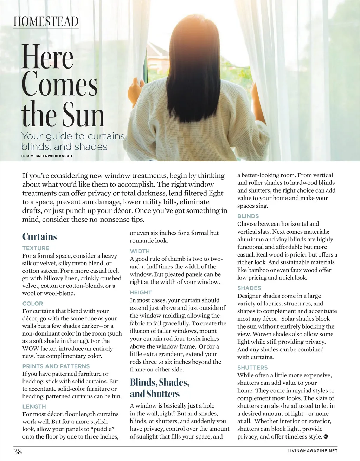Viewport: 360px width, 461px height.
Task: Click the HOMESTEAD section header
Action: click(x=46, y=21)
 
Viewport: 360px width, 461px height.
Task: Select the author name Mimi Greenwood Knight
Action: click(x=49, y=156)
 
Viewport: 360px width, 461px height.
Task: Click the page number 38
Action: click(x=18, y=452)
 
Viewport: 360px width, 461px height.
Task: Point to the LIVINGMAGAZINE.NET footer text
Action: click(x=312, y=451)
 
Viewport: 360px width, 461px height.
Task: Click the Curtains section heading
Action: click(x=40, y=236)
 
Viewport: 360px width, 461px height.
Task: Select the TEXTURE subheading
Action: click(x=36, y=248)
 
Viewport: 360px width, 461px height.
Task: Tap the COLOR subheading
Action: click(x=33, y=303)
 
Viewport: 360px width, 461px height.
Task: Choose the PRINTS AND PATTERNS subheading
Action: click(x=56, y=366)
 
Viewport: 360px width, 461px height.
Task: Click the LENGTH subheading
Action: click(x=34, y=407)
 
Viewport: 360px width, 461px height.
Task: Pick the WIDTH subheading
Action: click(x=140, y=251)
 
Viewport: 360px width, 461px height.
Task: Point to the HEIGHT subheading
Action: click(x=141, y=292)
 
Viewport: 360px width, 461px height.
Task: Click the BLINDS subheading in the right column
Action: click(x=248, y=216)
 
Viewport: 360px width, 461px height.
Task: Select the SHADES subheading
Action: click(x=249, y=288)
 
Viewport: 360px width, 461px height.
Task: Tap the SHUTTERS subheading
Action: click(x=252, y=368)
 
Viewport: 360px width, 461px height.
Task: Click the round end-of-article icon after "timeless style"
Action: click(x=326, y=437)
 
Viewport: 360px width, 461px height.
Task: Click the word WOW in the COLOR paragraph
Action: click(x=31, y=349)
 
